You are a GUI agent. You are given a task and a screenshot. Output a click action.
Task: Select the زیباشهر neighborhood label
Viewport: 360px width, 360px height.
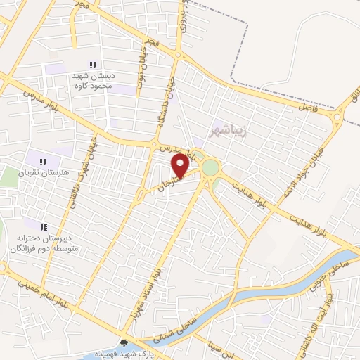(x=228, y=131)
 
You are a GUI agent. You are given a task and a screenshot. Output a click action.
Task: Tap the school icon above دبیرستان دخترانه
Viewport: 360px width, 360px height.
(x=44, y=226)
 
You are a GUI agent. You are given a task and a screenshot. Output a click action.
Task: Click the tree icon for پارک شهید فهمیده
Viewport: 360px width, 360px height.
(x=125, y=343)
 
